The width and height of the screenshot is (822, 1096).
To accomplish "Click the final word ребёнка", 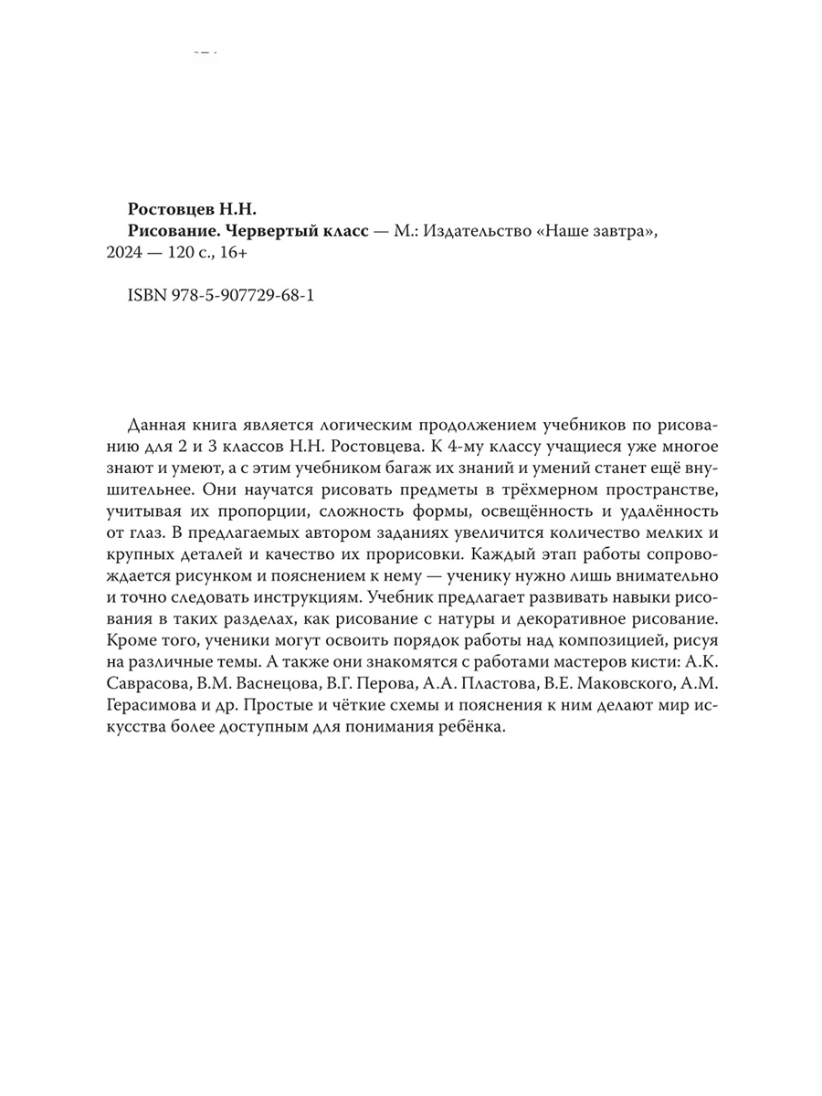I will (469, 733).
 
